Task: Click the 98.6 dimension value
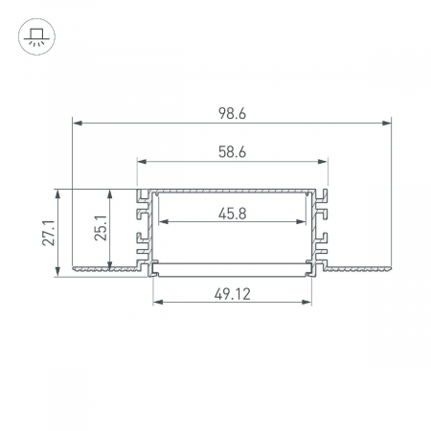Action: (232, 113)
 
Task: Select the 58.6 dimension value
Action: (232, 152)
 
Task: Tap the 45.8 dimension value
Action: (233, 214)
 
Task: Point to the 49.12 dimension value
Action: (233, 294)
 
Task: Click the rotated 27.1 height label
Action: (49, 233)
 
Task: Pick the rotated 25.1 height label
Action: (101, 228)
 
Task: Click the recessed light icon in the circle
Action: (36, 36)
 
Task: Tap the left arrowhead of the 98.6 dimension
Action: (78, 123)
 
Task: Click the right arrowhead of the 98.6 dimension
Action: (386, 123)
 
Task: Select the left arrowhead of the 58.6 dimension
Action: (142, 162)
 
